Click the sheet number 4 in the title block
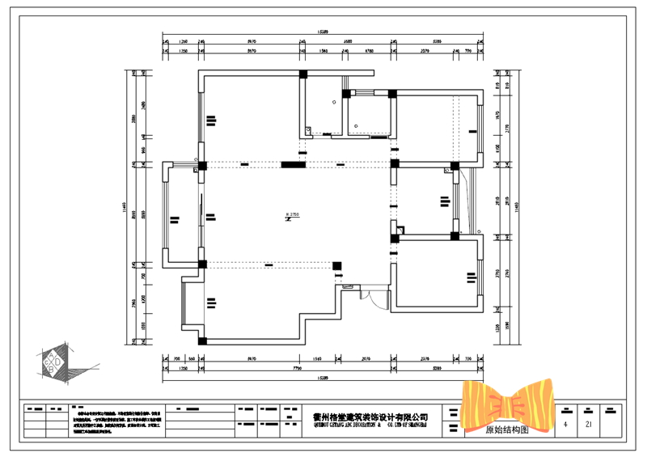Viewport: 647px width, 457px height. click(565, 424)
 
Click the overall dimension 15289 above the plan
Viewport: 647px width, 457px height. click(322, 33)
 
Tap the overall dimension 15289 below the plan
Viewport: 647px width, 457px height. click(322, 377)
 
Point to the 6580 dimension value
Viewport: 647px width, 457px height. click(347, 41)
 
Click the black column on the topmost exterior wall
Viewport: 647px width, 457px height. click(303, 74)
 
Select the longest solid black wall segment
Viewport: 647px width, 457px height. click(293, 165)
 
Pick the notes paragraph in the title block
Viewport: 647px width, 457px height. click(121, 421)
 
